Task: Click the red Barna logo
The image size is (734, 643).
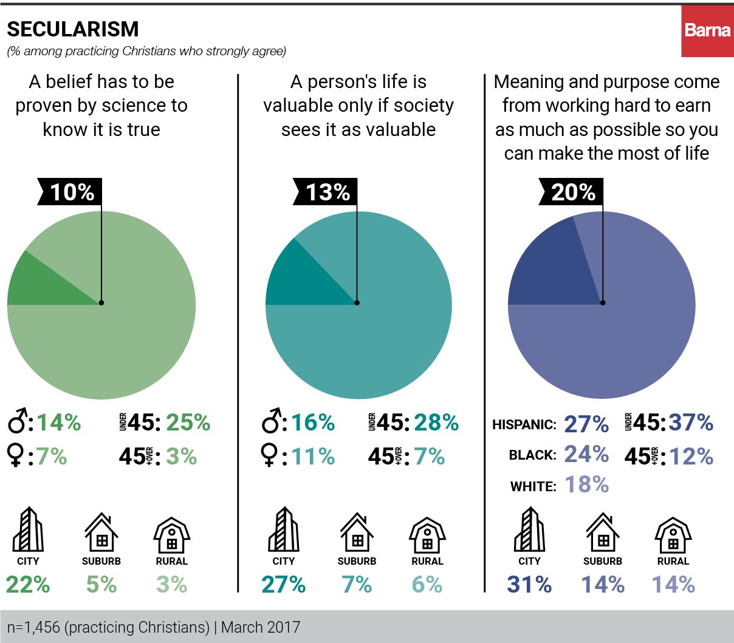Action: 707,30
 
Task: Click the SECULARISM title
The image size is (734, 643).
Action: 72,29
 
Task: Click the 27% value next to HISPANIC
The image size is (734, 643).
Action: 586,424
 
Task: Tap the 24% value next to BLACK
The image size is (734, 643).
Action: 586,454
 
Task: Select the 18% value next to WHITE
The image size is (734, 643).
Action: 586,485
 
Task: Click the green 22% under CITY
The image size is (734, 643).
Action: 28,584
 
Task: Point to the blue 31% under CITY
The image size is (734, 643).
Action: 529,584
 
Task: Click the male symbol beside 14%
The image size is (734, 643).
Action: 18,421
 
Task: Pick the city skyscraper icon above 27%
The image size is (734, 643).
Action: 283,529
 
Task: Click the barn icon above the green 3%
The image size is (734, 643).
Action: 172,536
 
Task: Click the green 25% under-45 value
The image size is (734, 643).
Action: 188,423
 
